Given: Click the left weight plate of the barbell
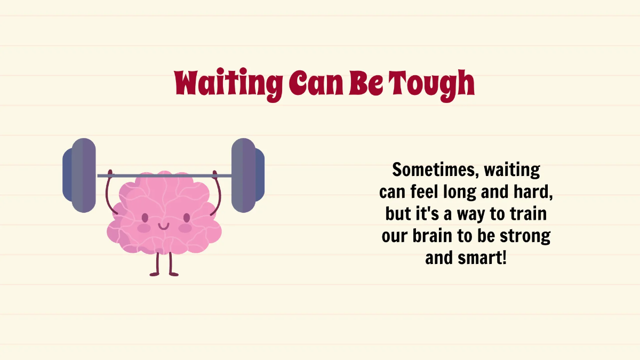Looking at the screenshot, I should click(x=79, y=175).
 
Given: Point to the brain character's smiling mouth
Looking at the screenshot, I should click(x=164, y=226).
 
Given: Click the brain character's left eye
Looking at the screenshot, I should click(x=143, y=218).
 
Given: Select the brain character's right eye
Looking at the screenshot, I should click(x=186, y=218).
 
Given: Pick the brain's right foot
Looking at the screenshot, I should click(x=174, y=274).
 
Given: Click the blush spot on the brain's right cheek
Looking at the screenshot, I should click(x=185, y=228).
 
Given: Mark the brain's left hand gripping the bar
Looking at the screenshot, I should click(x=110, y=173).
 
